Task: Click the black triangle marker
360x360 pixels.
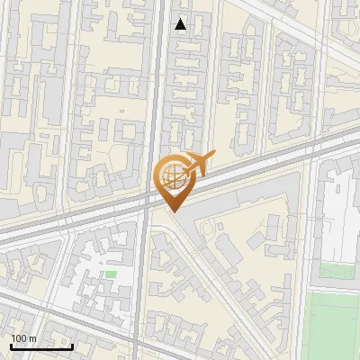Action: tap(181, 24)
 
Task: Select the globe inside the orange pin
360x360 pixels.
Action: tap(172, 175)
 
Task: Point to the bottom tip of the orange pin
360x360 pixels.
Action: tap(174, 211)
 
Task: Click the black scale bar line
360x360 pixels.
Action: tap(41, 346)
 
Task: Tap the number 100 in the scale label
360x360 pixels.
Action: tap(18, 338)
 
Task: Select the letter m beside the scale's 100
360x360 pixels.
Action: tap(31, 338)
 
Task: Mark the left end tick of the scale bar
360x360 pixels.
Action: tap(11, 346)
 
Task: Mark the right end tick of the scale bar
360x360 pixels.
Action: tap(72, 346)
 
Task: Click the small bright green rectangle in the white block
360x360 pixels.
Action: tap(112, 274)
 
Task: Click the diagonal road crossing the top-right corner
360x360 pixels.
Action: tap(315, 36)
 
